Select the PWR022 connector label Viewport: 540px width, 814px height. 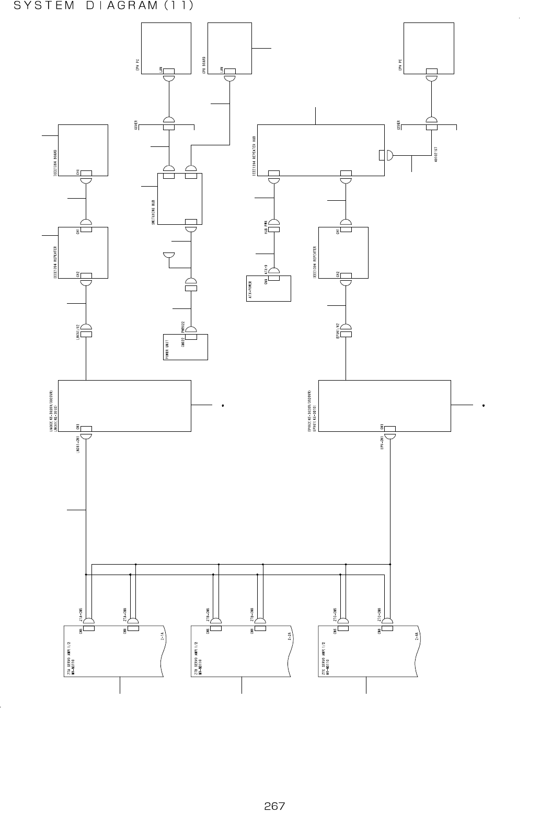(183, 326)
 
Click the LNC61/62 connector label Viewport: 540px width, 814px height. (77, 331)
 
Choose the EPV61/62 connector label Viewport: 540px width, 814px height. (338, 331)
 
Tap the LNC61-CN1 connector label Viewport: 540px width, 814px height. (77, 445)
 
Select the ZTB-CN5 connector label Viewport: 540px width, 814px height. (208, 613)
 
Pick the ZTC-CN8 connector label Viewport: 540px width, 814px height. (378, 613)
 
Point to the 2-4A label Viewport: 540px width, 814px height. (417, 636)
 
